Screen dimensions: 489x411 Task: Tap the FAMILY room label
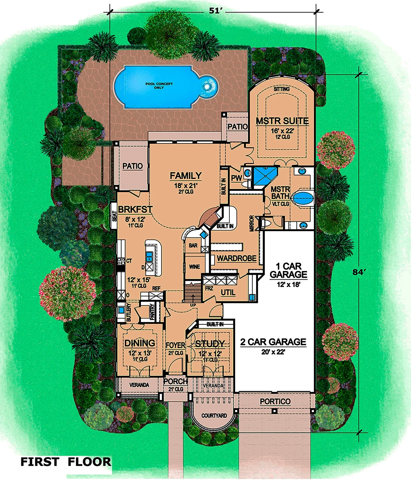(x=186, y=176)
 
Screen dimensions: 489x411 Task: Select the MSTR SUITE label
(x=282, y=121)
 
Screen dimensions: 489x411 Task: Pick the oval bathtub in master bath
(x=303, y=197)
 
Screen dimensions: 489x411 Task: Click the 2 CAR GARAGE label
(x=273, y=342)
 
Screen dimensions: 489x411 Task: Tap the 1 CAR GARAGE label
(x=289, y=270)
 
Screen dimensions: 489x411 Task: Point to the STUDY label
(x=210, y=344)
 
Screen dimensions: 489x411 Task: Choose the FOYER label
(x=175, y=344)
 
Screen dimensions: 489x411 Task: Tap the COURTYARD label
(x=214, y=416)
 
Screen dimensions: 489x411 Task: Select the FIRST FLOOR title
(x=66, y=462)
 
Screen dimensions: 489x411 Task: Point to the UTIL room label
(x=228, y=292)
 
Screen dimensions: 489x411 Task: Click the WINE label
(x=194, y=267)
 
